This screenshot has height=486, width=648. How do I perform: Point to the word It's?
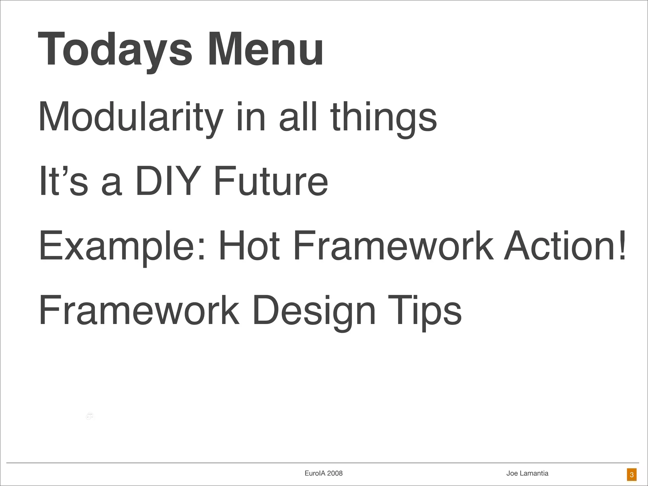pos(63,182)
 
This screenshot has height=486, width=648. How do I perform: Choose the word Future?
pos(271,182)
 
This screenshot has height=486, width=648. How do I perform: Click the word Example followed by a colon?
pos(122,246)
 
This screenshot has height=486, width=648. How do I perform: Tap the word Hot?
pos(249,246)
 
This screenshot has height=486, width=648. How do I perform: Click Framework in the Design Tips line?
pos(139,311)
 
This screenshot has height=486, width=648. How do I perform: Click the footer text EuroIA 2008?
pos(323,473)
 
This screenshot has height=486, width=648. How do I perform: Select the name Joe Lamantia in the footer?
pos(527,473)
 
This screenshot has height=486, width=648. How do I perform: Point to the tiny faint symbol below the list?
pos(90,416)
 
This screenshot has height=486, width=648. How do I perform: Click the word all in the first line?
pos(298,117)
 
